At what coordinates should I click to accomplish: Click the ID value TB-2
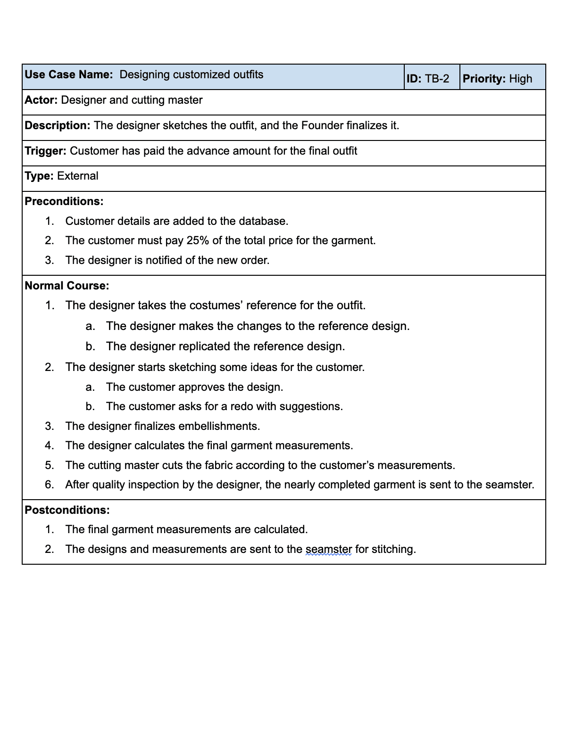[x=437, y=79]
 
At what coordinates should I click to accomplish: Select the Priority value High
[x=520, y=79]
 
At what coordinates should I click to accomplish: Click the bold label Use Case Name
[x=68, y=74]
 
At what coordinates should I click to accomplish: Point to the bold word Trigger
[x=45, y=151]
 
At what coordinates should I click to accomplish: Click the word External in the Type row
[x=77, y=176]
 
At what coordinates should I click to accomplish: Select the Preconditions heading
[x=64, y=201]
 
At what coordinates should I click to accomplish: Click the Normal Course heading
[x=67, y=286]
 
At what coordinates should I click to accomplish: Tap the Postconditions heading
[x=67, y=510]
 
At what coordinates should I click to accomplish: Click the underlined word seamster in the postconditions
[x=328, y=549]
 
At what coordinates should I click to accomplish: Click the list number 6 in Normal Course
[x=49, y=485]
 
